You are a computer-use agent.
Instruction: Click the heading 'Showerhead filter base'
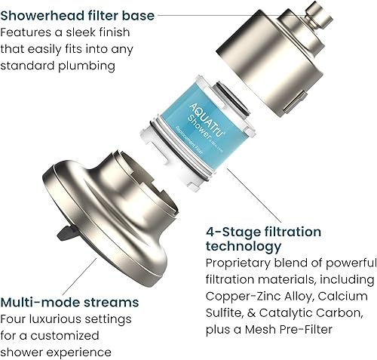78,15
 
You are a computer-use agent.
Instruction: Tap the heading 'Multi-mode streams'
69,302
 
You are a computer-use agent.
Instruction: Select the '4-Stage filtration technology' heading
262,239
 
